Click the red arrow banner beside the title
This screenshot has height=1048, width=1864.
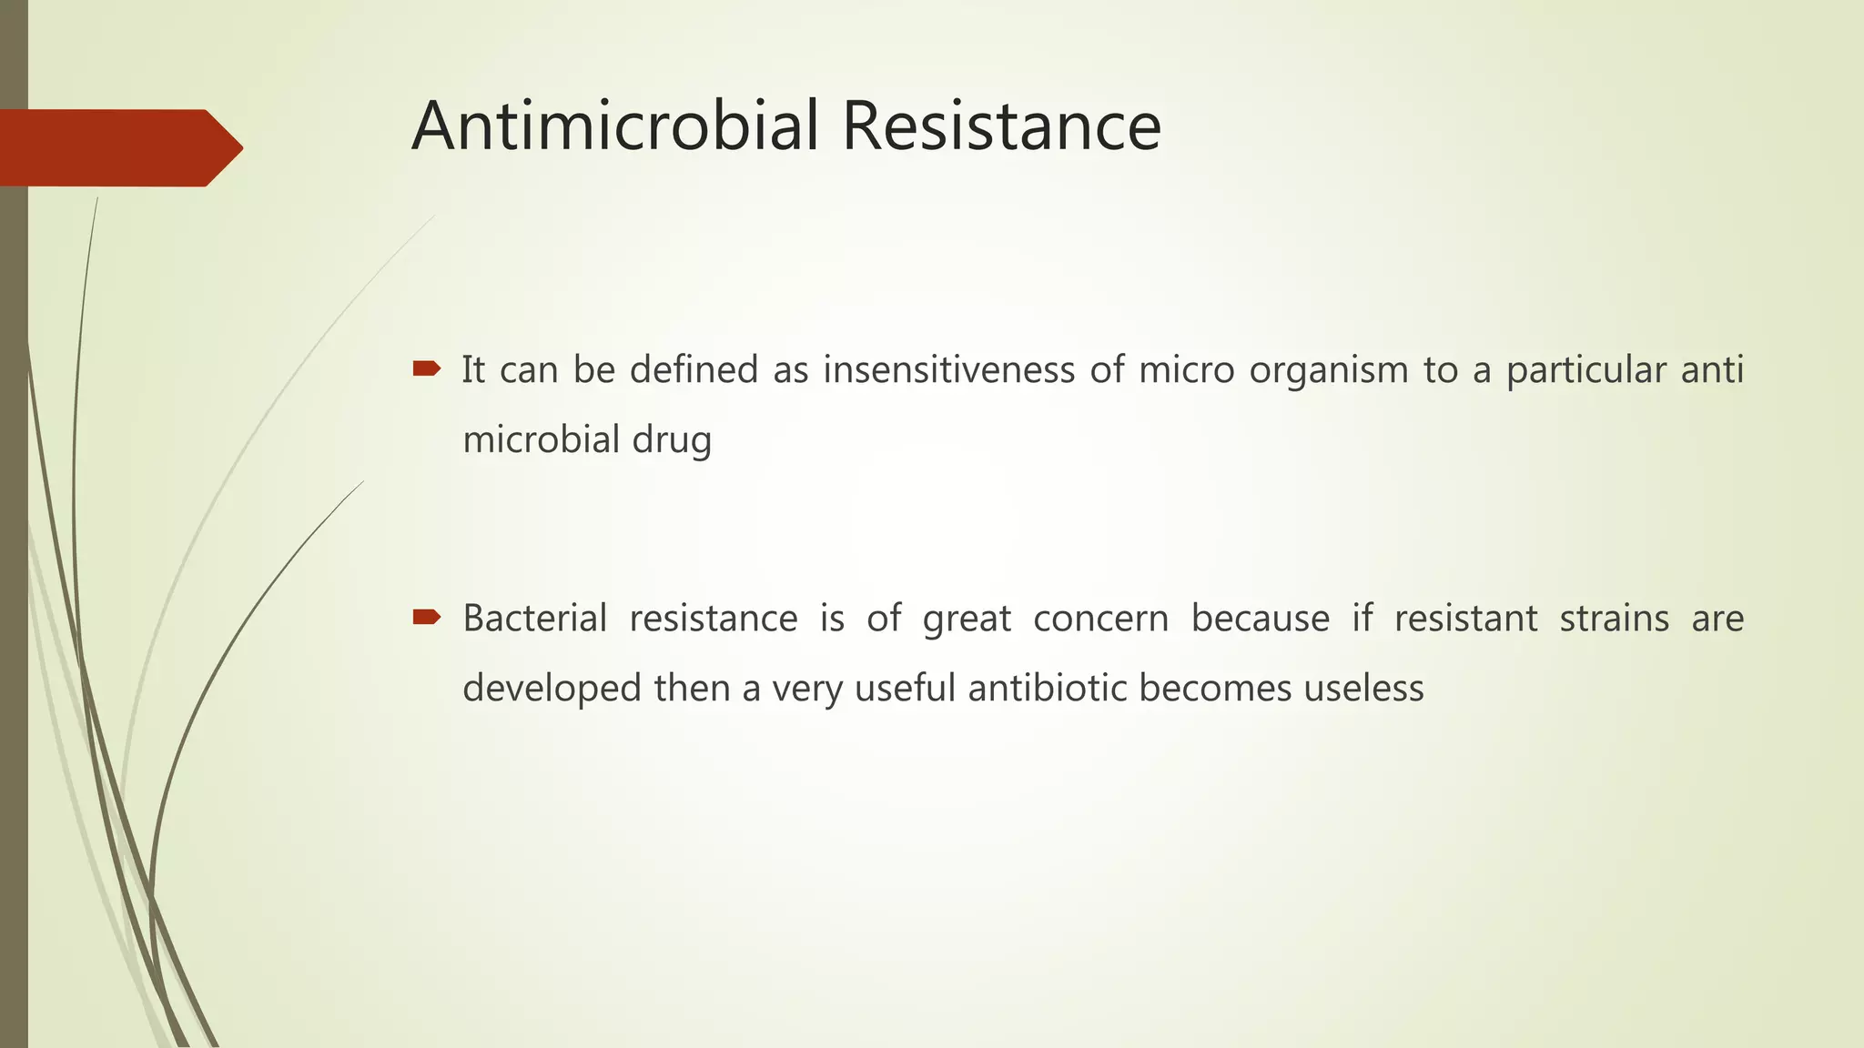[118, 147]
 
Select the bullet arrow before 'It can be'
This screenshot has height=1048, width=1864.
[426, 368]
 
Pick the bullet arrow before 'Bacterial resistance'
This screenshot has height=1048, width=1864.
[426, 618]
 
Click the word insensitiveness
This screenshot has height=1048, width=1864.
[948, 370]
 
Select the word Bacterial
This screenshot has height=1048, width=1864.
[534, 619]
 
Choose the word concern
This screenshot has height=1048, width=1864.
[1100, 619]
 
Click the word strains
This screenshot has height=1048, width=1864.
[1614, 619]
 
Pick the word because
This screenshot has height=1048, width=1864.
[1260, 619]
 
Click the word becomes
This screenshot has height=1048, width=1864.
[1215, 689]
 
